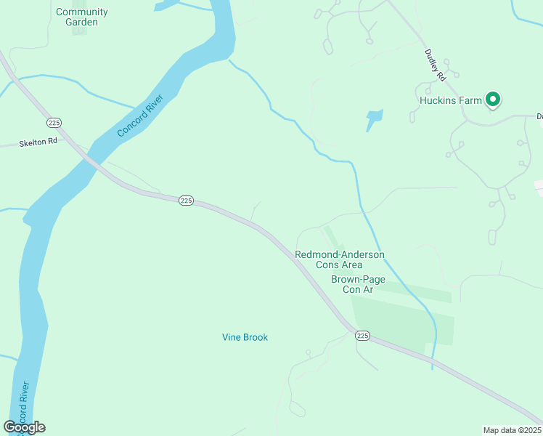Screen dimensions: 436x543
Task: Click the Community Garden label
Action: coord(81,17)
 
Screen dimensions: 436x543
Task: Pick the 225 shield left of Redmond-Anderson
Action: coord(186,201)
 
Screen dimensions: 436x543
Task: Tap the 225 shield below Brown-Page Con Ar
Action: coord(363,335)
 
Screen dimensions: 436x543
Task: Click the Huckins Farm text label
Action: coord(450,100)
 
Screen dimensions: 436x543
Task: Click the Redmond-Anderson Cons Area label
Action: coord(339,259)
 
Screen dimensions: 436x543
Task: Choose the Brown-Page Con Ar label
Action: coord(358,284)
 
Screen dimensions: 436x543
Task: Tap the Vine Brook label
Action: coord(245,337)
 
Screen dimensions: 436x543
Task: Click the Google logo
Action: coord(25,427)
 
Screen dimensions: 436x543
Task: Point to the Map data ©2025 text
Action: coord(512,430)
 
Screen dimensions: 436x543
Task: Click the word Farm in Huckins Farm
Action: coord(470,100)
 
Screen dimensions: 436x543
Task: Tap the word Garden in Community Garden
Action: coord(81,22)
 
